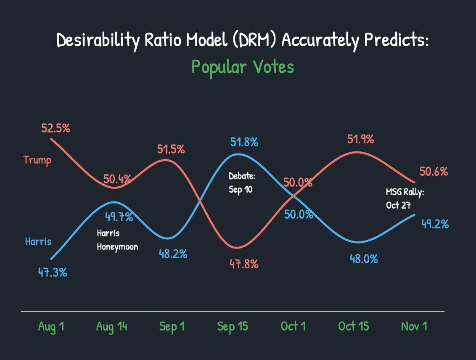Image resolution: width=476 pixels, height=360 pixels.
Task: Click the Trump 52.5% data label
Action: click(x=56, y=128)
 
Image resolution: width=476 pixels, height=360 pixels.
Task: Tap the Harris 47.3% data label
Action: click(x=53, y=272)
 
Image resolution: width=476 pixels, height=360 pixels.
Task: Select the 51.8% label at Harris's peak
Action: click(x=244, y=142)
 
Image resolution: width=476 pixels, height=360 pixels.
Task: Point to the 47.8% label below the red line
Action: click(x=244, y=264)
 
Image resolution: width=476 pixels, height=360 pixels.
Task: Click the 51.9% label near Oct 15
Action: click(x=360, y=139)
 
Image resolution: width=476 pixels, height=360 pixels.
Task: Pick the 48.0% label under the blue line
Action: click(x=364, y=259)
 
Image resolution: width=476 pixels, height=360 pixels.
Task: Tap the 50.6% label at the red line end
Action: click(x=434, y=172)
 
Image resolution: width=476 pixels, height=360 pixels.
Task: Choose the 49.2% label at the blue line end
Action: click(x=435, y=224)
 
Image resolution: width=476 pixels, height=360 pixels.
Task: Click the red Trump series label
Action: click(x=37, y=160)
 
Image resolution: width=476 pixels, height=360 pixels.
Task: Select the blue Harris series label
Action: click(x=38, y=241)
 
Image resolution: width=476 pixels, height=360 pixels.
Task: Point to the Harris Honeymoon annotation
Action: click(x=117, y=240)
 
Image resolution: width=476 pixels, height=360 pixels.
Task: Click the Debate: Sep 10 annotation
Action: click(x=242, y=183)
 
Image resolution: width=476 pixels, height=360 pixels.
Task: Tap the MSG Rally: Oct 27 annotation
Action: click(x=405, y=199)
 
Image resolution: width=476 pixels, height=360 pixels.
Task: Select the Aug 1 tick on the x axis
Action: click(x=51, y=326)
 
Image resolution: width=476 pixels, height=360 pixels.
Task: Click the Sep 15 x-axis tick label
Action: click(x=233, y=326)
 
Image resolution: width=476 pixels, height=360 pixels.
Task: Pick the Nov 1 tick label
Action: click(x=414, y=326)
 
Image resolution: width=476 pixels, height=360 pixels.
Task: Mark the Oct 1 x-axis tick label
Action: click(x=293, y=326)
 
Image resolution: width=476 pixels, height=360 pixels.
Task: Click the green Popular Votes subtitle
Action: click(x=243, y=67)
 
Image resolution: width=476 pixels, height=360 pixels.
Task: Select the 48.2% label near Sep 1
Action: click(x=173, y=254)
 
